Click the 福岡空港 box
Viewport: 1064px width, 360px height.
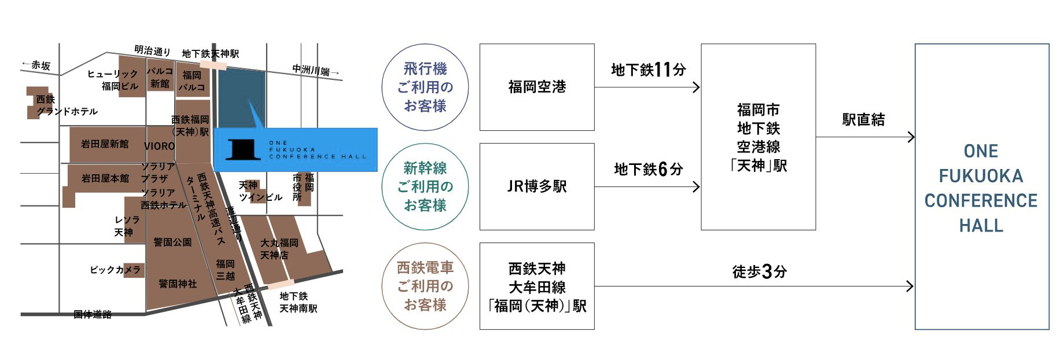(x=537, y=87)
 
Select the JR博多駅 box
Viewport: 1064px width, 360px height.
(x=537, y=186)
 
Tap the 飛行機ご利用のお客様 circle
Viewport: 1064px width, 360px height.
(x=425, y=87)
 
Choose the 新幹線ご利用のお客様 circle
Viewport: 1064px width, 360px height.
(x=425, y=187)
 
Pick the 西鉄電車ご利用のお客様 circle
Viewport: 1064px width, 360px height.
(x=425, y=286)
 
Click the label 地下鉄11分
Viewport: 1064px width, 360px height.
(x=649, y=70)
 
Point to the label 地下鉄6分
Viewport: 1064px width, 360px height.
(x=649, y=169)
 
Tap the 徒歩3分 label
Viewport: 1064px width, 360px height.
(x=760, y=271)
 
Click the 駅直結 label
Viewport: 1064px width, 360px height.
(x=863, y=120)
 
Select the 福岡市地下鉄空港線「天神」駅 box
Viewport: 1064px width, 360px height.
(x=759, y=137)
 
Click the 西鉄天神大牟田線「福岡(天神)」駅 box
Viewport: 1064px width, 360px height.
(x=537, y=286)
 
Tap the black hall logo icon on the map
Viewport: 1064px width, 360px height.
(x=241, y=149)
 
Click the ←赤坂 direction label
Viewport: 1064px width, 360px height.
(x=36, y=65)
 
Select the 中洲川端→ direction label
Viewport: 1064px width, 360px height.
(x=315, y=71)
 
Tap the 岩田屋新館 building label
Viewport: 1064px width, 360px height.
(x=105, y=144)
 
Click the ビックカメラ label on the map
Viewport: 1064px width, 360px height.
(x=115, y=270)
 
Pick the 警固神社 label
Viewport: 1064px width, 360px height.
(x=178, y=284)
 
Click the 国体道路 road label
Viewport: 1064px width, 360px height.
(x=93, y=314)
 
